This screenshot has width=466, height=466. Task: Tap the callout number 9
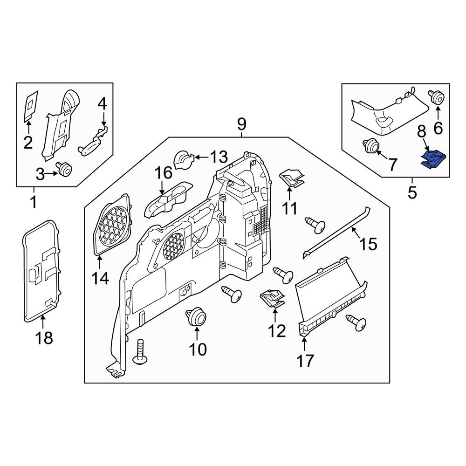(241, 124)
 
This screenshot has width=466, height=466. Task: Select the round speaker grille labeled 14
(113, 225)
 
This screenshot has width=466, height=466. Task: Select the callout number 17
(304, 360)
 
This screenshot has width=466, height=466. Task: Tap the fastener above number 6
(438, 98)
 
